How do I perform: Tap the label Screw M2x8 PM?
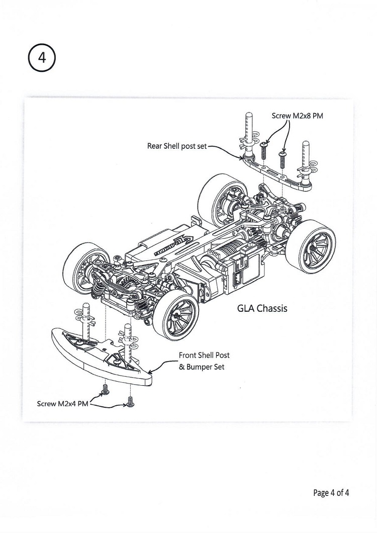pos(297,116)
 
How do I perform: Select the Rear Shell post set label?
pos(176,146)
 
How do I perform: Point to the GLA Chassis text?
pos(262,308)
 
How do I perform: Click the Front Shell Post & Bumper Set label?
pos(204,361)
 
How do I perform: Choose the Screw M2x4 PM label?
pos(62,404)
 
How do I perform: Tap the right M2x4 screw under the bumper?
pos(130,402)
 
